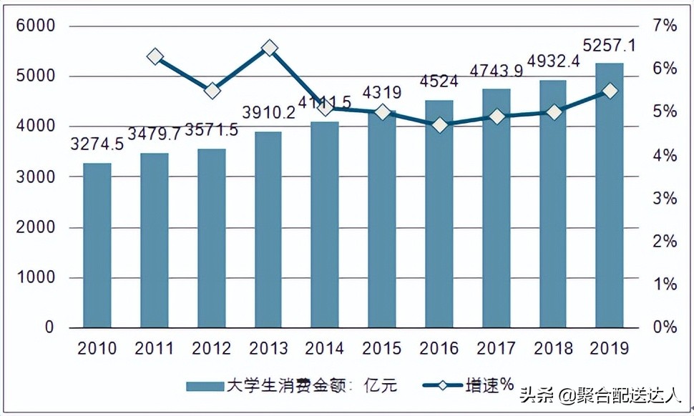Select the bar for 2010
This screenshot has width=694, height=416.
(x=97, y=245)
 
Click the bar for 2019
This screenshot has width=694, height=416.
(x=610, y=195)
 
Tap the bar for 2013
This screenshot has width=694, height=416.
(x=268, y=229)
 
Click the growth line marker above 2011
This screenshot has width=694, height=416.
(x=155, y=56)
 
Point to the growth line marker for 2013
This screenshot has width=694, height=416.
(x=269, y=48)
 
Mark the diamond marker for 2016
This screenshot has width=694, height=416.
(x=439, y=125)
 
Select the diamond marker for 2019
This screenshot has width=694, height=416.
(x=610, y=91)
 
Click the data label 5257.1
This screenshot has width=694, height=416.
(x=610, y=46)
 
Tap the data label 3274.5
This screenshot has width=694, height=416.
(x=97, y=144)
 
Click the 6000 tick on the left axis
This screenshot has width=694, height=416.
(x=40, y=26)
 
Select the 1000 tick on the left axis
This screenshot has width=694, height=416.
(x=40, y=277)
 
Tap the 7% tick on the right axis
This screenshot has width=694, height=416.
(x=665, y=26)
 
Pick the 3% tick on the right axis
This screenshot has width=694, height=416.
(x=665, y=199)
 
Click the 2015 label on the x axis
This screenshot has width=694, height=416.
(x=382, y=349)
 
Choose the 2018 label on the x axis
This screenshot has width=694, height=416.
(x=553, y=349)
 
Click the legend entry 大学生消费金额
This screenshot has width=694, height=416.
(x=290, y=386)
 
